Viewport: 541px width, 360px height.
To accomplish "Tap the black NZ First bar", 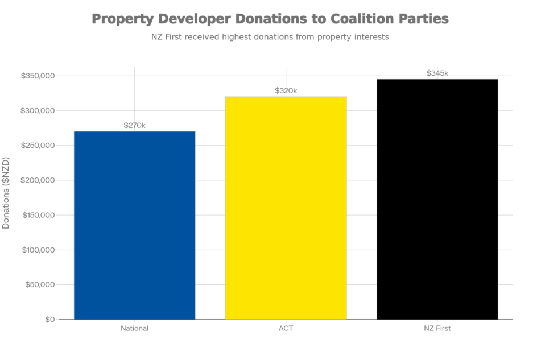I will coord(437,199).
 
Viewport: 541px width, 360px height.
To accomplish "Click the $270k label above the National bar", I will coord(135,126).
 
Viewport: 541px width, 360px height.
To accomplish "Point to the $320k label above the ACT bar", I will coord(286,90).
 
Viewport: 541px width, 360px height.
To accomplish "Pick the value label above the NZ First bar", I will coord(437,73).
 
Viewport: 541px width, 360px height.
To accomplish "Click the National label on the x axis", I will coord(135,329).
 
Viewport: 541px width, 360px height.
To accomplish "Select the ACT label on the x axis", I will coord(286,329).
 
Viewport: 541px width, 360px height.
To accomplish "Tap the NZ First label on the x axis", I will coord(437,329).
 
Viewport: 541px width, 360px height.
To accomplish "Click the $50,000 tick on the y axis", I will coord(39,284).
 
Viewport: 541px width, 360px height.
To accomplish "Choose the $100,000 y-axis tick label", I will coord(38,250).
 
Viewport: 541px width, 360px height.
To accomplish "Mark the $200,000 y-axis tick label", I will coord(38,180).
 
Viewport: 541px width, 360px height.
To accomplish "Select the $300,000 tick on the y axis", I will coord(38,110).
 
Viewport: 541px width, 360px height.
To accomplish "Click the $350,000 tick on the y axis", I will coord(38,75).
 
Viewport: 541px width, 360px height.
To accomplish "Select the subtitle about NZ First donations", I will coord(270,37).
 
